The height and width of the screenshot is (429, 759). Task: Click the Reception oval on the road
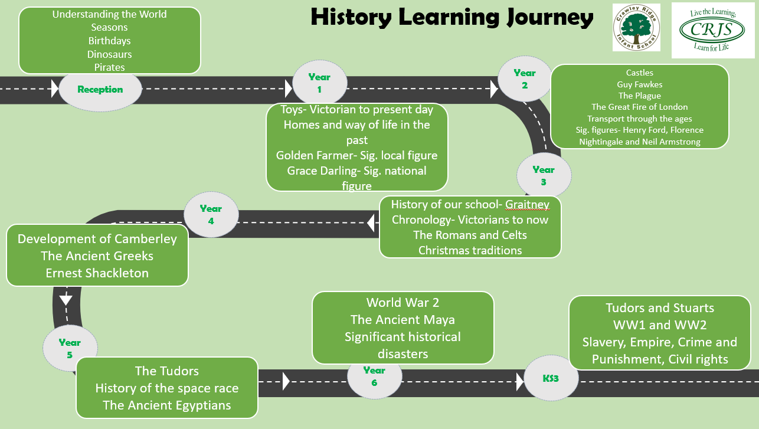click(x=100, y=90)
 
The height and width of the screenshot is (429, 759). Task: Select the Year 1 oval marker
click(x=319, y=83)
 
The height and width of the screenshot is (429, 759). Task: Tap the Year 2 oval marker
click(x=525, y=79)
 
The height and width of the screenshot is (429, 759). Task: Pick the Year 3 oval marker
click(x=544, y=175)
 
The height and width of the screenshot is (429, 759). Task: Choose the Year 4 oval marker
click(x=211, y=215)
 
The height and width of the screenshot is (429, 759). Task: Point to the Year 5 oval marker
click(x=70, y=348)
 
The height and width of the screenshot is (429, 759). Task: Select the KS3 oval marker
click(x=551, y=378)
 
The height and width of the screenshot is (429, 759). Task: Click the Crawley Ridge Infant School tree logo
click(x=636, y=28)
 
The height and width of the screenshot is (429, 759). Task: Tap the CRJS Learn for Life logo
click(x=713, y=31)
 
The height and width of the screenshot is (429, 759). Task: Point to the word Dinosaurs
click(x=109, y=54)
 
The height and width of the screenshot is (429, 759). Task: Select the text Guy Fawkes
click(x=639, y=84)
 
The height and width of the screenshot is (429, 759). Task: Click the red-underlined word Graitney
click(x=527, y=205)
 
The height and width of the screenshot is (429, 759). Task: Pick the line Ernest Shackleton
click(x=97, y=273)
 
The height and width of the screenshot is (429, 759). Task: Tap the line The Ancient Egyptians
click(x=166, y=405)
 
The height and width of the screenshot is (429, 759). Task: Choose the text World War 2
click(x=403, y=303)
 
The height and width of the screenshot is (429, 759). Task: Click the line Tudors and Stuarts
click(x=660, y=308)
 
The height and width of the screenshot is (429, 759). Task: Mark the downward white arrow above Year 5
click(x=66, y=300)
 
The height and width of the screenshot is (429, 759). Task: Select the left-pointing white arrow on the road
click(x=371, y=222)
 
